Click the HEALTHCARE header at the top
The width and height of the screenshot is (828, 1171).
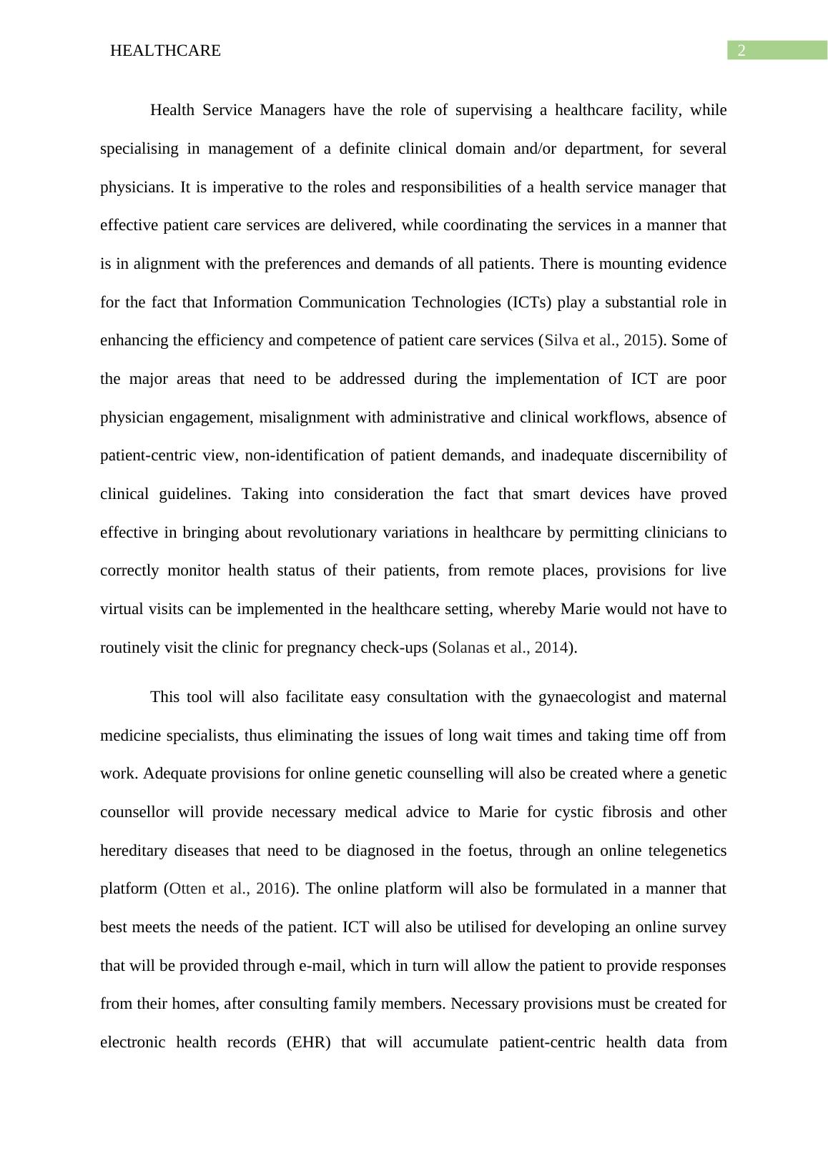165,51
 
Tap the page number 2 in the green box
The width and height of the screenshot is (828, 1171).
741,50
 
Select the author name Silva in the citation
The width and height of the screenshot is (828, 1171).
561,340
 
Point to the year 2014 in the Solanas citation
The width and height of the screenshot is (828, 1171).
551,648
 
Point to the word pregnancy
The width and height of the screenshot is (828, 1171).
322,648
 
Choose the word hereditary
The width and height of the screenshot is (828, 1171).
134,851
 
